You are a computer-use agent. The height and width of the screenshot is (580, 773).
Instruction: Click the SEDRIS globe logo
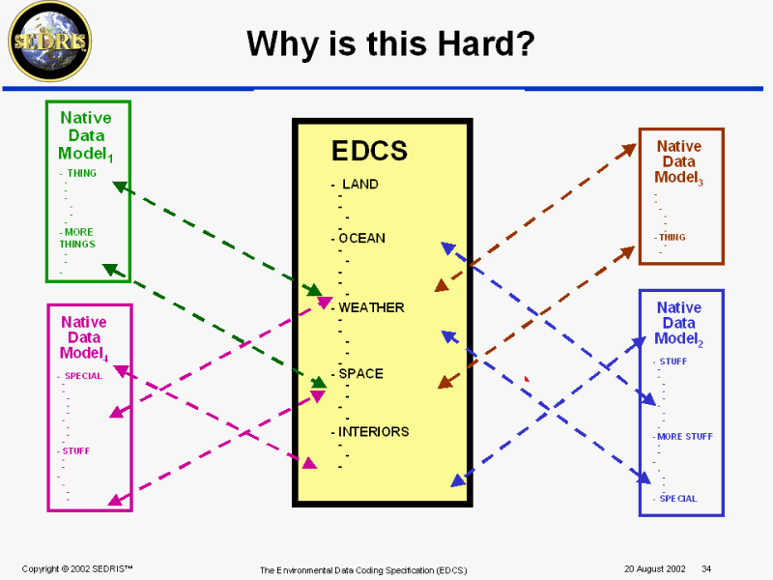50,42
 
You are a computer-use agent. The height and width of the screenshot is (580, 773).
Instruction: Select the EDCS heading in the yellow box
369,151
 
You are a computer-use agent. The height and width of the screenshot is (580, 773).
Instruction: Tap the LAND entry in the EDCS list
360,184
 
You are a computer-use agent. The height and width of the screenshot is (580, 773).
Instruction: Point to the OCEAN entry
361,238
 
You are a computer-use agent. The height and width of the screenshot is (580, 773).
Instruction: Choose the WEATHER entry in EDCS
371,307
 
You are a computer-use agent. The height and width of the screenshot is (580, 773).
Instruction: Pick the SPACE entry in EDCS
360,374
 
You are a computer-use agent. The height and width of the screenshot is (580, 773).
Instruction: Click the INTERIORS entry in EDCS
373,432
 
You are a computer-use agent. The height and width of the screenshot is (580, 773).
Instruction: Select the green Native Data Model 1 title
86,135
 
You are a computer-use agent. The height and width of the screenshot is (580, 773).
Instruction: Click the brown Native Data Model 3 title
679,161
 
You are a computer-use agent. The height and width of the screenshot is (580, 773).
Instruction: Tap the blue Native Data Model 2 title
679,324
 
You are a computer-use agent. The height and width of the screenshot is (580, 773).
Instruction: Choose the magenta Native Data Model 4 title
84,337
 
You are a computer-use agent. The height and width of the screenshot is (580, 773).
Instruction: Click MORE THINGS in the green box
77,238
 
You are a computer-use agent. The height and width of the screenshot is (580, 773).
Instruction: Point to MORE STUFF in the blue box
685,437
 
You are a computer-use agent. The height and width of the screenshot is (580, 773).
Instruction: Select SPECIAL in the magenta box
83,376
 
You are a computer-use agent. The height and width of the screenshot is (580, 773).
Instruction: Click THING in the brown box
672,237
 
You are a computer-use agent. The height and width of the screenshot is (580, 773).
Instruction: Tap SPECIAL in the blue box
678,499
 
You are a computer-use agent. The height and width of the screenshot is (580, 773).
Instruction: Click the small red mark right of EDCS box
527,379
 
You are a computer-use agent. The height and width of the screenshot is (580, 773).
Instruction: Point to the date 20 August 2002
655,568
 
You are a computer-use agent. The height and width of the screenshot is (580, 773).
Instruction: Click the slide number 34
706,568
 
